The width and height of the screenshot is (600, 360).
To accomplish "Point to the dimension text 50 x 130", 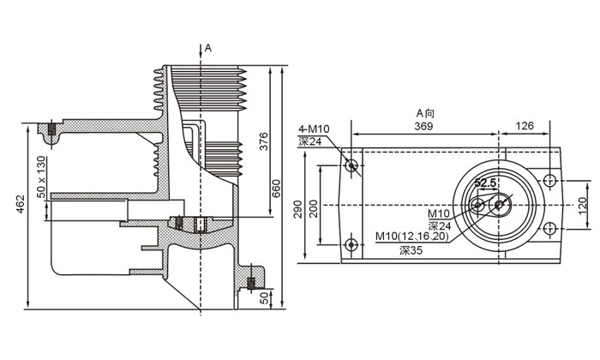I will (x=40, y=174).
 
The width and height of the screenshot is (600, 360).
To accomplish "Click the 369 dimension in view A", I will (x=424, y=126).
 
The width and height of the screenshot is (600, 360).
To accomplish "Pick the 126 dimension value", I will (x=525, y=126).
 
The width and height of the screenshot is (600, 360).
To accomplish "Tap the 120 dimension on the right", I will (x=582, y=205).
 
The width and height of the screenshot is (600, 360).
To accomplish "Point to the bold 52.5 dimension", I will (x=485, y=183).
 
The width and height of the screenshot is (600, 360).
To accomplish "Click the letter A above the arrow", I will (x=207, y=48).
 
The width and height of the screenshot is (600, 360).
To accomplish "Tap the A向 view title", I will (x=426, y=113).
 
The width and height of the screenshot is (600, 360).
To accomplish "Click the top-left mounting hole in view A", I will (x=351, y=165).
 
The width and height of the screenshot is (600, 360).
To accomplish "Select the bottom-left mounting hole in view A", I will (x=351, y=245).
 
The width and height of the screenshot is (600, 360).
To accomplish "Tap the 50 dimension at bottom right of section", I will (x=264, y=300).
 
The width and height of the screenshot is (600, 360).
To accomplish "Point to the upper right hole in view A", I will (x=549, y=181).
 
